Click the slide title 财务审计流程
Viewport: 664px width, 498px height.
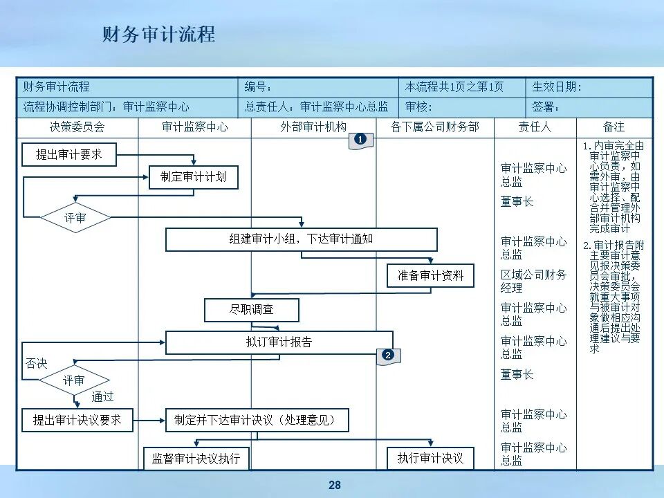click(158, 34)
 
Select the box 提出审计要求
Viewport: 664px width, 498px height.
click(68, 155)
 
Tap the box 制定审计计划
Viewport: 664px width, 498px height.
click(193, 177)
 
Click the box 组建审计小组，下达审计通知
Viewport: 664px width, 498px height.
click(301, 239)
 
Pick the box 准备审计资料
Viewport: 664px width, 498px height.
click(430, 275)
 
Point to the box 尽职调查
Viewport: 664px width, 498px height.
click(251, 310)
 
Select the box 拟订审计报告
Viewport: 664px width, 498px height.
click(279, 342)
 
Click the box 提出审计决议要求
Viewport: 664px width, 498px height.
click(77, 420)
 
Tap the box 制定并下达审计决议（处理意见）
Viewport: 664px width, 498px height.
click(257, 420)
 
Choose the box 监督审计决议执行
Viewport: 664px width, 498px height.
click(196, 458)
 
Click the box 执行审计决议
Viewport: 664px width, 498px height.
click(430, 458)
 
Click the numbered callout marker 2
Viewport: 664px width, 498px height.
click(388, 356)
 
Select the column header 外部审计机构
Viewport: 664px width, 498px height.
click(313, 127)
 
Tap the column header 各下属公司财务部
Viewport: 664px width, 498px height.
click(434, 127)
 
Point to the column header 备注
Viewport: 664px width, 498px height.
click(614, 127)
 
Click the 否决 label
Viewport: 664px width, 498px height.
click(36, 363)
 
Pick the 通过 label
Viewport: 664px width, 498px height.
click(102, 397)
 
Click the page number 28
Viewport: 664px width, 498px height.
click(335, 486)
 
